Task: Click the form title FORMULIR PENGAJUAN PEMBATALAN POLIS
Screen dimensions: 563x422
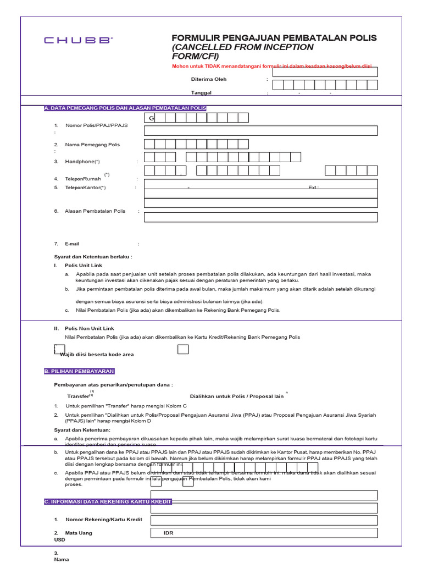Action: point(274,38)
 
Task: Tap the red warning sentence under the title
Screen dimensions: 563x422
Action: point(275,67)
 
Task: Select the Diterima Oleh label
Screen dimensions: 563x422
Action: point(208,79)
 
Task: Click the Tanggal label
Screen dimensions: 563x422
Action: point(201,93)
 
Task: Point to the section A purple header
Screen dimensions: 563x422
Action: point(125,108)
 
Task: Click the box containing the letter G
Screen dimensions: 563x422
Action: point(149,118)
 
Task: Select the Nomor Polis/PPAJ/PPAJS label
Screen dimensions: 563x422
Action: point(96,125)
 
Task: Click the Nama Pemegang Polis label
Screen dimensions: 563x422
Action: point(92,145)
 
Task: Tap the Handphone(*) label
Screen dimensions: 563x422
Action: point(82,162)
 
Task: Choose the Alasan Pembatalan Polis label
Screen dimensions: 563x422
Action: point(95,211)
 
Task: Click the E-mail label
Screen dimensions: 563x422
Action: point(73,244)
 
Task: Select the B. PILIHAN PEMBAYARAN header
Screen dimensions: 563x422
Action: point(79,371)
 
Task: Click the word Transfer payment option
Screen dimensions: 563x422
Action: point(78,396)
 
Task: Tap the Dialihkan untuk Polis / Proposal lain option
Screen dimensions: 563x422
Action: point(237,396)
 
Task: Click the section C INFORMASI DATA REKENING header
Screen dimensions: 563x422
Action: point(108,501)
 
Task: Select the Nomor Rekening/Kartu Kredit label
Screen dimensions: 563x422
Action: point(104,520)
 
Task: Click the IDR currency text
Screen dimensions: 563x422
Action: point(168,533)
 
